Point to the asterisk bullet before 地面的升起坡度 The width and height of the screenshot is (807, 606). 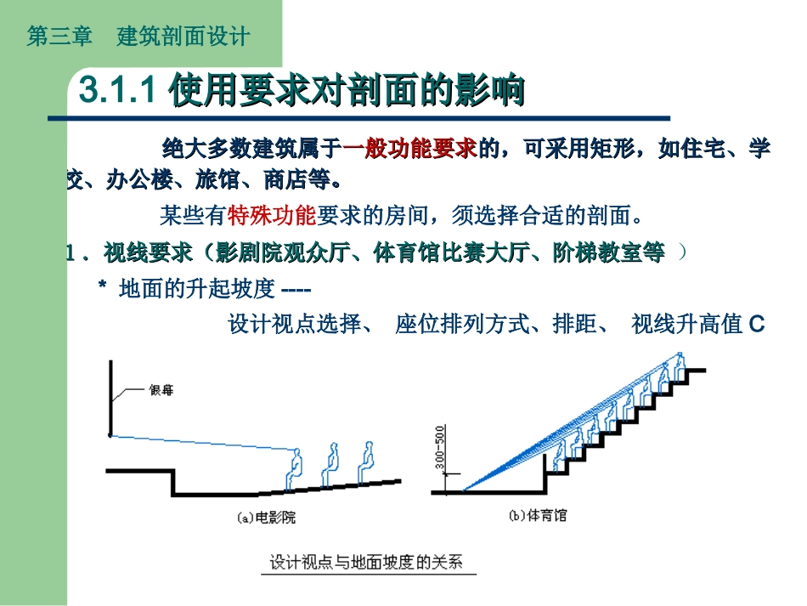click(102, 289)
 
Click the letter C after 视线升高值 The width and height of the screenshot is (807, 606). click(758, 325)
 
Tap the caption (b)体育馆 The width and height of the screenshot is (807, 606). click(538, 516)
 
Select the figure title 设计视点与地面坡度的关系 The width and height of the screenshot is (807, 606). click(366, 563)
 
